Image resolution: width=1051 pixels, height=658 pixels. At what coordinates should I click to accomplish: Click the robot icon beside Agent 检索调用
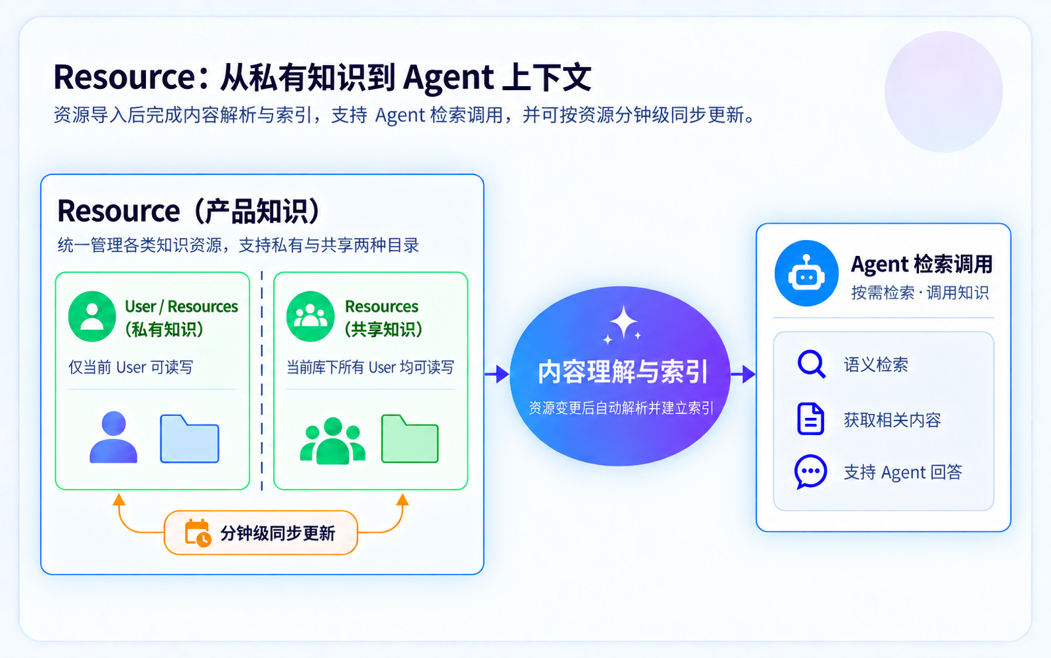(806, 273)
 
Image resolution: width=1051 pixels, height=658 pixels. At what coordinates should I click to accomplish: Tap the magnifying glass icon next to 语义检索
(811, 363)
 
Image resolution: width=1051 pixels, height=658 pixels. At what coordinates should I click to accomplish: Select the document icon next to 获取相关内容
(810, 419)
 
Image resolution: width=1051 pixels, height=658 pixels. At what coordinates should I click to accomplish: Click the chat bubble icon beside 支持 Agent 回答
(810, 472)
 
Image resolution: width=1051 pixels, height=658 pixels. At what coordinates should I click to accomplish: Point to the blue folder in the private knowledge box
(190, 439)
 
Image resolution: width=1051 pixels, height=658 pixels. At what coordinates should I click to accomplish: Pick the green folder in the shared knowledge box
(410, 439)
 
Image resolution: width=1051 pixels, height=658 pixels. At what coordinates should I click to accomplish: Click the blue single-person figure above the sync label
(113, 437)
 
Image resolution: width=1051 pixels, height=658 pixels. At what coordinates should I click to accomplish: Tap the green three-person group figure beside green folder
(333, 440)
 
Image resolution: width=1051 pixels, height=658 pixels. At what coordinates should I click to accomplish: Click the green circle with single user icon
(92, 316)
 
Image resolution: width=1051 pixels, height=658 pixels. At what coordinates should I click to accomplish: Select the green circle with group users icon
(310, 316)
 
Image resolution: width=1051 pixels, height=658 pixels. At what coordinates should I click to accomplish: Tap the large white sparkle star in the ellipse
(623, 322)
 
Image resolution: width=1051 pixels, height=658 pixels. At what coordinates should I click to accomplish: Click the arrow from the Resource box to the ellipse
(497, 374)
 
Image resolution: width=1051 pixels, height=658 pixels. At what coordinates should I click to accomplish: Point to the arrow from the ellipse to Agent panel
(743, 374)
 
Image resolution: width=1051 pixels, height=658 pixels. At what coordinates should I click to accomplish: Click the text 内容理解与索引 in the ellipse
(622, 371)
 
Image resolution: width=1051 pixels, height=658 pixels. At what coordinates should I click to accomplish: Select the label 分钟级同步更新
(278, 533)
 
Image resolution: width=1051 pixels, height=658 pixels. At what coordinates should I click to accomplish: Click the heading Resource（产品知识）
(188, 211)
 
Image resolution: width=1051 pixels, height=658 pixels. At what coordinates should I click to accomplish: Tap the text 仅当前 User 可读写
(131, 367)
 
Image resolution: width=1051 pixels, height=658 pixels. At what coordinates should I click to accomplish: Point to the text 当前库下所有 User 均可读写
(370, 367)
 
